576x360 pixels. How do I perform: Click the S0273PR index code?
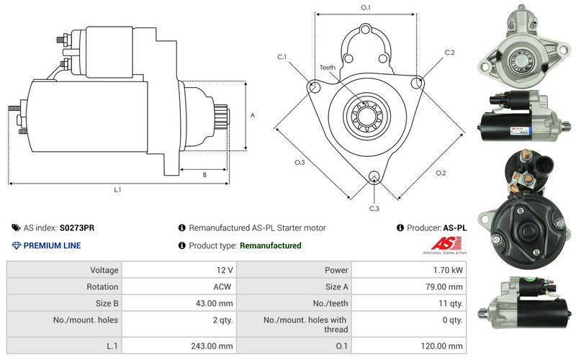pyautogui.click(x=76, y=228)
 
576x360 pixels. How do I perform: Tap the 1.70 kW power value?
pyautogui.click(x=449, y=271)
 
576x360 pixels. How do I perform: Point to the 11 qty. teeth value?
pyautogui.click(x=450, y=302)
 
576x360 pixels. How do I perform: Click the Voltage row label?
pyautogui.click(x=104, y=271)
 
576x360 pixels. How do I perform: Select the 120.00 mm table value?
pyautogui.click(x=444, y=346)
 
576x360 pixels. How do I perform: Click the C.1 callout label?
pyautogui.click(x=282, y=56)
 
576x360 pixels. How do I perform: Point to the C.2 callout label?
pyautogui.click(x=449, y=53)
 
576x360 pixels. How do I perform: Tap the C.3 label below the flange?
pyautogui.click(x=374, y=209)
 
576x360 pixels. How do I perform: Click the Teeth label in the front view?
pyautogui.click(x=328, y=68)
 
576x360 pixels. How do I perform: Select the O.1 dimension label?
pyautogui.click(x=365, y=8)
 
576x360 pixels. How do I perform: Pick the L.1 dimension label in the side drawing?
pyautogui.click(x=117, y=190)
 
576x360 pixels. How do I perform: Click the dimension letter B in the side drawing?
pyautogui.click(x=204, y=175)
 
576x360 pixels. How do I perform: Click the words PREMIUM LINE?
pyautogui.click(x=52, y=246)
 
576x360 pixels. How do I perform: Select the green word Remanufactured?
pyautogui.click(x=270, y=246)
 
